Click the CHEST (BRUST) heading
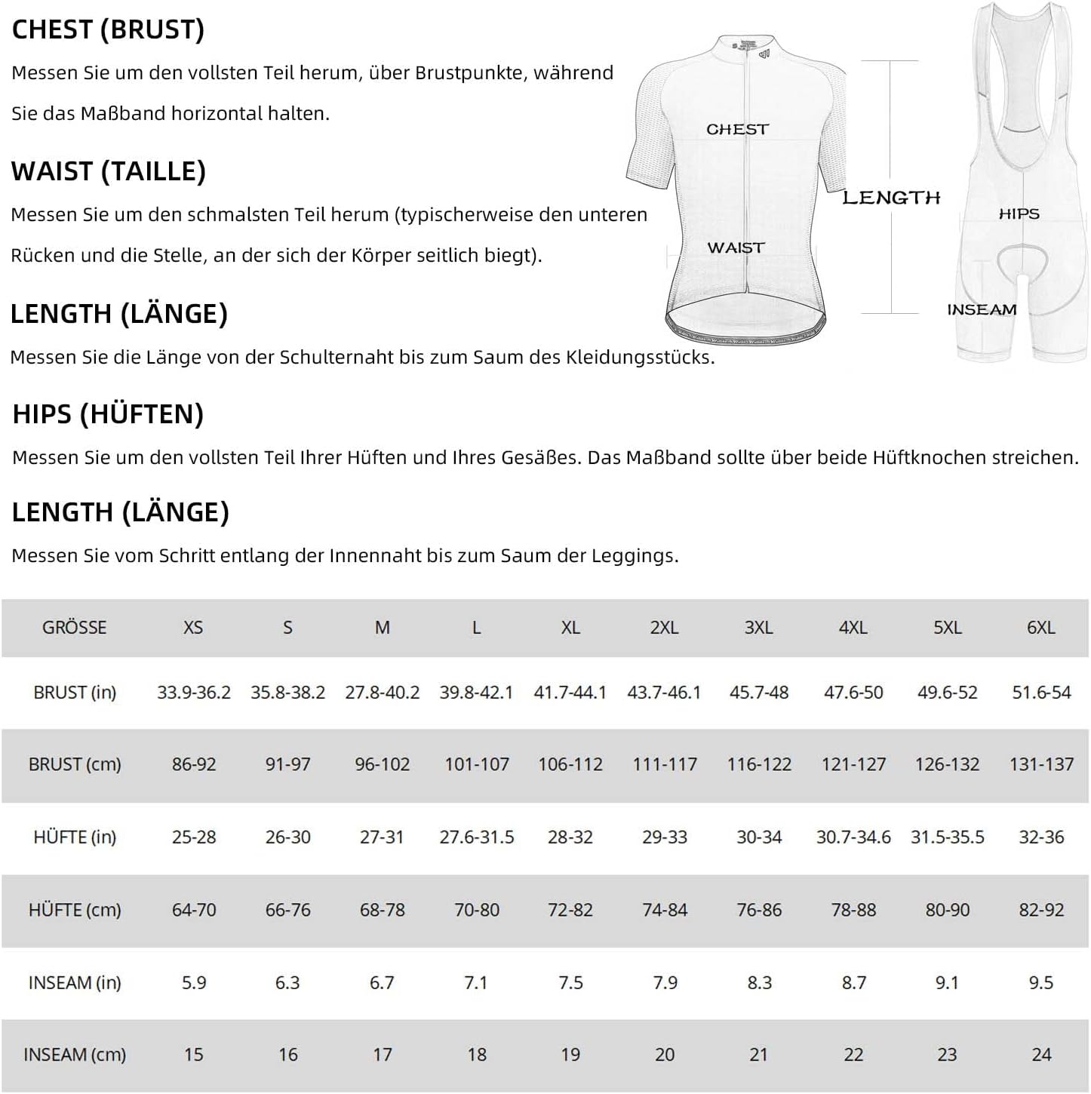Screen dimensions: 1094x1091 coord(108,29)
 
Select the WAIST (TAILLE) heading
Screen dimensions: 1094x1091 coord(109,171)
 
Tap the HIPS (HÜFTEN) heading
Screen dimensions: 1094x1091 coord(108,414)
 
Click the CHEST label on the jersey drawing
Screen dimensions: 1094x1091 coord(737,130)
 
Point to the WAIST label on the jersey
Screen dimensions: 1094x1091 coord(736,247)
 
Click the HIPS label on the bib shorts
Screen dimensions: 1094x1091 coord(1019,214)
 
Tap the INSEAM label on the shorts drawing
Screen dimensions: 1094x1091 coord(982,309)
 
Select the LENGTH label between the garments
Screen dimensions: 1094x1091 coord(891,198)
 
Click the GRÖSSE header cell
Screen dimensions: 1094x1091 coord(74,628)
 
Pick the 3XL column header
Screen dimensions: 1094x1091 coord(758,628)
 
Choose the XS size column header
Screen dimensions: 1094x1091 coord(193,628)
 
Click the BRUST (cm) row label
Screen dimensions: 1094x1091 coord(75,764)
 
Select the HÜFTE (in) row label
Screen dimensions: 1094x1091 coord(75,837)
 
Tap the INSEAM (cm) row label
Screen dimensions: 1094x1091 coord(75,1055)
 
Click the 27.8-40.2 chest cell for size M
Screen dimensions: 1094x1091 coord(382,693)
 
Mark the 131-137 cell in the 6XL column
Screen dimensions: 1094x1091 coord(1041,764)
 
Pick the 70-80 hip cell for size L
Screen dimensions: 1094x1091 coord(476,910)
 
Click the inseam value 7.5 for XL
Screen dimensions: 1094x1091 coord(570,982)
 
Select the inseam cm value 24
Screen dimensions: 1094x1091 coord(1041,1055)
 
